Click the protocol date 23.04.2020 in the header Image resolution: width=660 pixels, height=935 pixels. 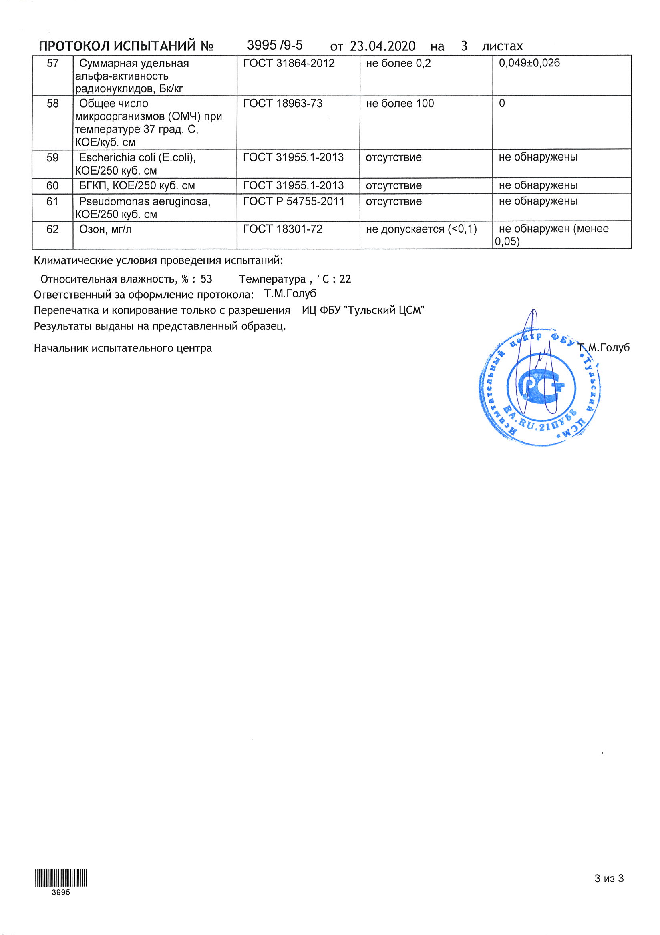coord(382,46)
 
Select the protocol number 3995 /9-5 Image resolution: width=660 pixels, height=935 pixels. coord(275,45)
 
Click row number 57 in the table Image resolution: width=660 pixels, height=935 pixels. coord(52,64)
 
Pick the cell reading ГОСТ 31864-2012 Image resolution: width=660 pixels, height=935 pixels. coord(289,64)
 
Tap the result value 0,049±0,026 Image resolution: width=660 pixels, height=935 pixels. coord(529,63)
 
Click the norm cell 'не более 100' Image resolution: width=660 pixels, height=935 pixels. coord(400,104)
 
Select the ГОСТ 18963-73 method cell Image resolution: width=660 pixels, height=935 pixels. coord(283,104)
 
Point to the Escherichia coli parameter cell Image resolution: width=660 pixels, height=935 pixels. coord(137,164)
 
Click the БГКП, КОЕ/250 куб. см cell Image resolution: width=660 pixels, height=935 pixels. coord(137,186)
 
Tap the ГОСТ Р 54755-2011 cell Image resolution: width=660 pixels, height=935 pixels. coord(294,202)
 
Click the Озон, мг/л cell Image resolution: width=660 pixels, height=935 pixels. coord(105,230)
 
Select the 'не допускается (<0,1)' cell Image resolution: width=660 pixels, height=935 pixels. coord(421,229)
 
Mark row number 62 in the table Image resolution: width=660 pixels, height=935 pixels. coord(52,230)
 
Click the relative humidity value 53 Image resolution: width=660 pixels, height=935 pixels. coord(206,279)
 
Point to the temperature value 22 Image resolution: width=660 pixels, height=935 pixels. coord(345,279)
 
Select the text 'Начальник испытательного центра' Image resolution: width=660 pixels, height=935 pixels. coord(123,349)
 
